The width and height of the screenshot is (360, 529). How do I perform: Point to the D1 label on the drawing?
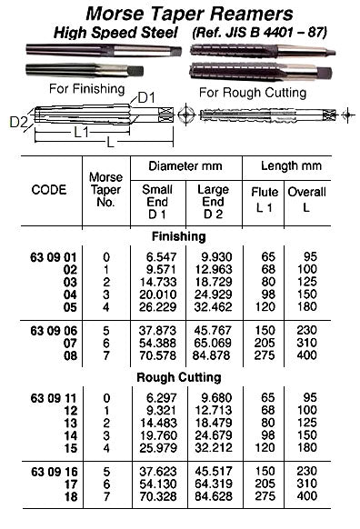click(x=147, y=96)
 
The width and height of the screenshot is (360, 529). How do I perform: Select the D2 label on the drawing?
click(x=16, y=120)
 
